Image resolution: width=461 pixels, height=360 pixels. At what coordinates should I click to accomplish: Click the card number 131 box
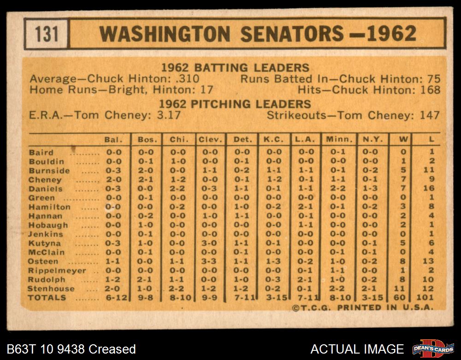47,34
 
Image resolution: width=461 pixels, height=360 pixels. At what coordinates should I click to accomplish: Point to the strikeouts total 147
430,115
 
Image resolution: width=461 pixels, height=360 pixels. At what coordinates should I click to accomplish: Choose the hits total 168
430,90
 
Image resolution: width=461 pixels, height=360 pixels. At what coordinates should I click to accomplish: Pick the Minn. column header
339,139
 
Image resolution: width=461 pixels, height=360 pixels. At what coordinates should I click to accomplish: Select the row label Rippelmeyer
57,271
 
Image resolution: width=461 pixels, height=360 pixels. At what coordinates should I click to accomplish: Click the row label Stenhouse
51,289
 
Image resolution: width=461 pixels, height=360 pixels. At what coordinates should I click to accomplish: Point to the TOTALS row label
47,298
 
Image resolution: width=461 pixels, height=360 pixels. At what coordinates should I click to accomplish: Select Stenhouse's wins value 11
403,289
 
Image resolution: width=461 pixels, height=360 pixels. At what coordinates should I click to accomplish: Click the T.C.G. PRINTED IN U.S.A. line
363,308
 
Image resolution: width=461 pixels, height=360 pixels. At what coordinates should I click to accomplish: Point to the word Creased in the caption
113,349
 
